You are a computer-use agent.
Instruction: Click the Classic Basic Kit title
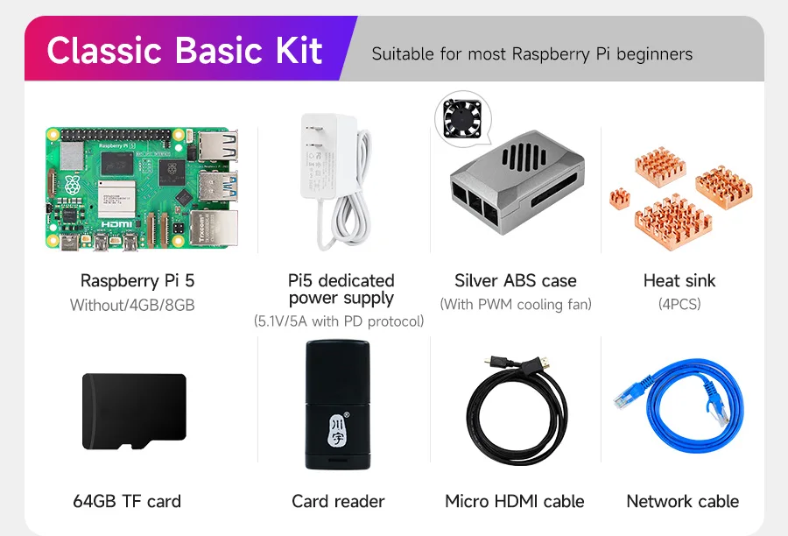[185, 51]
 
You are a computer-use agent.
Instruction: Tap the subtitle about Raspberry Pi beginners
[531, 54]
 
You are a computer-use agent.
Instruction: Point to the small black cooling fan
[462, 118]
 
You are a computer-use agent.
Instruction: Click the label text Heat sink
[679, 281]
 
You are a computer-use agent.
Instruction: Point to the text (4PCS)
[679, 305]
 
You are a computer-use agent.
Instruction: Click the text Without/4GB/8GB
[132, 305]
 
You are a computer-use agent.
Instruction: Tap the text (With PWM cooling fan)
[516, 305]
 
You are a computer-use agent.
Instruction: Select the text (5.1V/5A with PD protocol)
[339, 321]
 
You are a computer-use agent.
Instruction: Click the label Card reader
[338, 502]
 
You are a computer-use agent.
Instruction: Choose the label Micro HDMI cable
[515, 502]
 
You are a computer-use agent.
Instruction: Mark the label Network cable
[682, 502]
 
